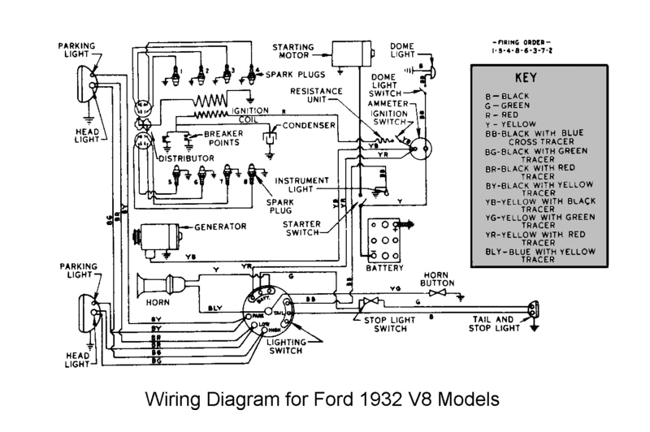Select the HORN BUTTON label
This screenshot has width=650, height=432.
point(438,279)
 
